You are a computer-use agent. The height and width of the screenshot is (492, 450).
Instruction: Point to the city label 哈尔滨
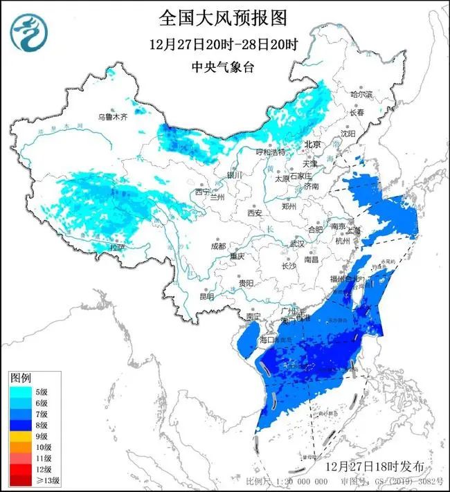point(361,93)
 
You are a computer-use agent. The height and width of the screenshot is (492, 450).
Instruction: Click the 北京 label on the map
point(314,145)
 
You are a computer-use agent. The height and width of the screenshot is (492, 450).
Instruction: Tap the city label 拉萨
point(119,246)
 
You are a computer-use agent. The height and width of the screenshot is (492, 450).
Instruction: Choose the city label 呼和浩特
point(271,152)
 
